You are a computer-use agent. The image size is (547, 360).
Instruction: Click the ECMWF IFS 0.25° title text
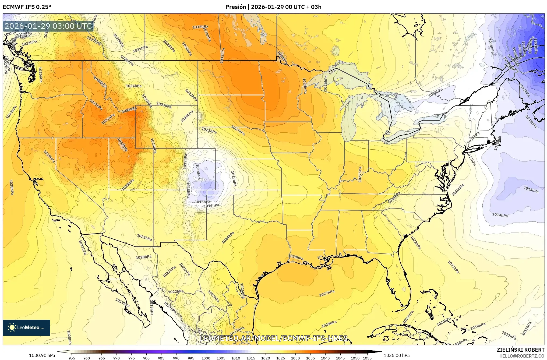pos(27,7)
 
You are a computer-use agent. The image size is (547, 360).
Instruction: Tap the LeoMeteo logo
pos(26,327)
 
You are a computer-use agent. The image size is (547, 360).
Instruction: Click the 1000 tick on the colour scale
pos(206,358)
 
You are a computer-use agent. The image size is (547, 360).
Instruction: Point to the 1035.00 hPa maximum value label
pos(397,355)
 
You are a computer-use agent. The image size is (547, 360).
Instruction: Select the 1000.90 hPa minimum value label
pos(42,355)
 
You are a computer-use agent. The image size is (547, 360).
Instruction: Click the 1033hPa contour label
pos(129,110)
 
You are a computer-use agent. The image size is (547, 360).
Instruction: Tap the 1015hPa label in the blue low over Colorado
pos(202,202)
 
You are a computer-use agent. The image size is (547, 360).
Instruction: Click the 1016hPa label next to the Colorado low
pos(211,206)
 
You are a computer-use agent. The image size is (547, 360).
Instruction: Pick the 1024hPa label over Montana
pos(134,86)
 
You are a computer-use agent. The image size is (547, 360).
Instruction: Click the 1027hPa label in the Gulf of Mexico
pos(327,293)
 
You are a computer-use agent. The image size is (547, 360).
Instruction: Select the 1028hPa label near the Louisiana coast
pos(296,257)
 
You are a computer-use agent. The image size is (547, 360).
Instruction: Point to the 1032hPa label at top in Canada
pos(200,27)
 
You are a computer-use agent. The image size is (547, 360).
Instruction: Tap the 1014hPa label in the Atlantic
pos(500,215)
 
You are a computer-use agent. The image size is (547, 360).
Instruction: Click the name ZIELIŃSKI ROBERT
pos(520,350)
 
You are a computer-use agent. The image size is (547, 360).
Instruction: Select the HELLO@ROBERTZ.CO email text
pos(522,356)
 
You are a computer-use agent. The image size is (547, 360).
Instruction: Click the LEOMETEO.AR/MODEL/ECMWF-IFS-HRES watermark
pos(274,338)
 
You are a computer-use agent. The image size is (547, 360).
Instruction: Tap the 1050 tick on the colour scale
pos(355,358)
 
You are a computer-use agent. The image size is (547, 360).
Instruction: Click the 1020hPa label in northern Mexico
pos(143,257)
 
